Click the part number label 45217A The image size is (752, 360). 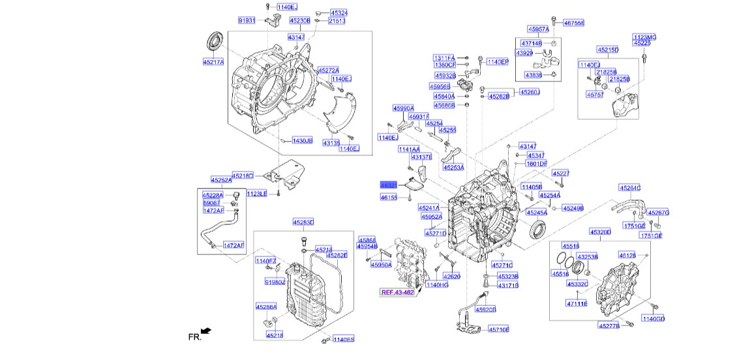coord(213,63)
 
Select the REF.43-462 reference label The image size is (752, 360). coord(397,292)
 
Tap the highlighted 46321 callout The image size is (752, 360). coord(389,185)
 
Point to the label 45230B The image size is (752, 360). coord(299,21)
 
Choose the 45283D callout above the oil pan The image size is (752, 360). coord(303,222)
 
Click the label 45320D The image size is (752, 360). coord(600,232)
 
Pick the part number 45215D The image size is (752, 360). coord(607,50)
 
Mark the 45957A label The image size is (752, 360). coord(539,29)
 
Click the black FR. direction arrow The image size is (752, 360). coord(207,332)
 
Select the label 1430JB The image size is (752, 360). coord(302,141)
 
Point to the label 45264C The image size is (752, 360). coord(630,188)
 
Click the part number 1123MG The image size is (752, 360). coord(644,37)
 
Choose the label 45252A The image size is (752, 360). coord(220,180)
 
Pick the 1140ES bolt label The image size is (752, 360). coord(343,339)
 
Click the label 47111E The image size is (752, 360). coord(577,303)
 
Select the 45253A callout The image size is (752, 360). coord(453,168)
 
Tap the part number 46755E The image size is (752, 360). coord(574,23)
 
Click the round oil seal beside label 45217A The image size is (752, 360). coord(215,40)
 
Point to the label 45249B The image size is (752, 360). coord(573,208)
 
